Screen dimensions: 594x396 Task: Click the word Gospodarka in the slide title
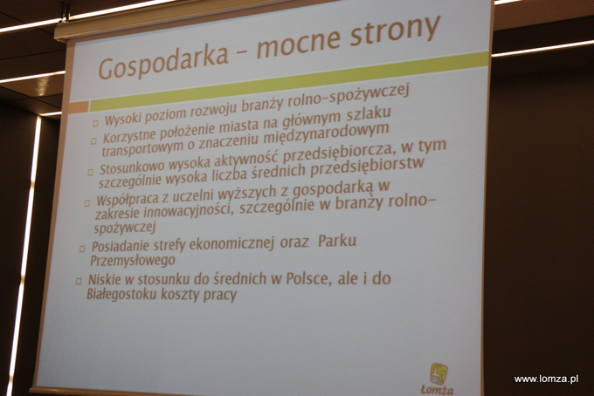pos(162,63)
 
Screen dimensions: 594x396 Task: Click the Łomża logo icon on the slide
pos(439,373)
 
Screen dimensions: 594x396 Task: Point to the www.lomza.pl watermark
pos(546,379)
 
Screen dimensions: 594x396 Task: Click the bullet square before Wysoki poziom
pos(95,123)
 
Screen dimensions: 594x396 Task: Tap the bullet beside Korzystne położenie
pos(93,141)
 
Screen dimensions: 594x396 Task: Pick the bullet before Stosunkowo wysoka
pos(90,172)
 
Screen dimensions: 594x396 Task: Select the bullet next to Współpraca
pos(86,203)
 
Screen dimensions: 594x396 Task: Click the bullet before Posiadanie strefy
pos(82,249)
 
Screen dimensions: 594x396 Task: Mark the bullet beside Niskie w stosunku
pos(79,281)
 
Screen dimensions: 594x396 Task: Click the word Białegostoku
pos(121,294)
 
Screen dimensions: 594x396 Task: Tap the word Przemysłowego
pos(133,261)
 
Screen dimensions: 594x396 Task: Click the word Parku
pos(337,241)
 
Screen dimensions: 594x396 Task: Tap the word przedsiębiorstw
pos(367,168)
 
